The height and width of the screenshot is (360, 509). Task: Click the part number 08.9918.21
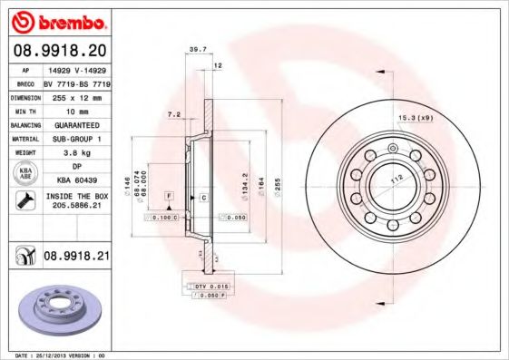76,257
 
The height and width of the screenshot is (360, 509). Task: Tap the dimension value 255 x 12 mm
75,95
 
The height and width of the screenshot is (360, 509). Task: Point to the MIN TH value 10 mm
75,109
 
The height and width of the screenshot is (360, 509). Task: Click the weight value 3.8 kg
75,152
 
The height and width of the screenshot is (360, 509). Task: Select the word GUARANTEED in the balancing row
75,123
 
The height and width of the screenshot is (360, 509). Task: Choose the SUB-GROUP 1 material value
75,138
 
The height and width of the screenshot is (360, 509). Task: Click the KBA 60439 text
75,181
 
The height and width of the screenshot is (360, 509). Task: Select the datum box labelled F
168,196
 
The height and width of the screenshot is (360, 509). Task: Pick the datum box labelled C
203,197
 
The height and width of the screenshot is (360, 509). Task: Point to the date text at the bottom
54,355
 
